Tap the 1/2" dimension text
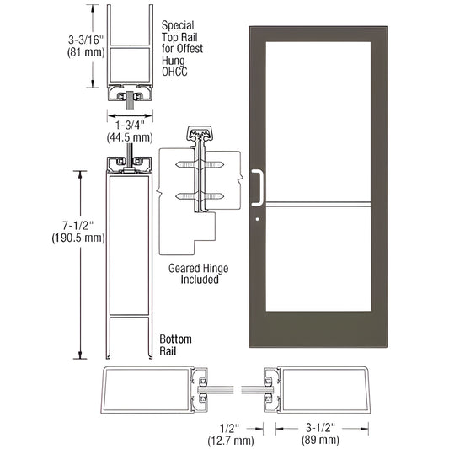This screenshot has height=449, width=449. point(221,425)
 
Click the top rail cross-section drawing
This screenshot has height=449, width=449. point(128,59)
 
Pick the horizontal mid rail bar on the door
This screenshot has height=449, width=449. point(316,202)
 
